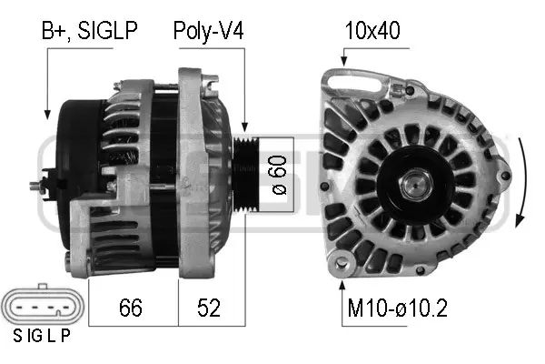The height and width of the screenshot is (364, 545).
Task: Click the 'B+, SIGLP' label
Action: click(x=88, y=32)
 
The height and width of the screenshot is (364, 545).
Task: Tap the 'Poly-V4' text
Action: click(x=208, y=32)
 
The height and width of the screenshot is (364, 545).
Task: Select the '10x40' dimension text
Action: click(x=372, y=32)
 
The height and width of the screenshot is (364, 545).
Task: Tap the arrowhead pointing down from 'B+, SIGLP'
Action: click(x=47, y=115)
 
